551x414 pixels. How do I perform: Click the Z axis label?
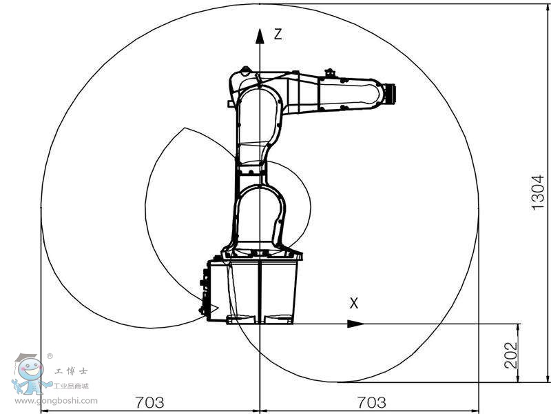[x=278, y=34]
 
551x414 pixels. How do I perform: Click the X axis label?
[x=354, y=303]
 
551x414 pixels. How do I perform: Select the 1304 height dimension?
[x=537, y=192]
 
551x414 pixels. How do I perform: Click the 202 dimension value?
[x=510, y=353]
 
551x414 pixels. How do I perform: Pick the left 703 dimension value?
[x=149, y=402]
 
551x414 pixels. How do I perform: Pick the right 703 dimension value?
[x=371, y=402]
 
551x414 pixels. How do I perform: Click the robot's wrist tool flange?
[x=392, y=95]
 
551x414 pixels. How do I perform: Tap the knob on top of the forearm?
[x=329, y=72]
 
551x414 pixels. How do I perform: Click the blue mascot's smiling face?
[x=30, y=373]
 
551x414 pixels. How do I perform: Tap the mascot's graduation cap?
[x=25, y=357]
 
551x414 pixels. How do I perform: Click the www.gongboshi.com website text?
[x=56, y=400]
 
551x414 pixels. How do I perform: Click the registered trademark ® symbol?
[x=50, y=356]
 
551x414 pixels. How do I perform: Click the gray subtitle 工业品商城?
[x=72, y=386]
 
